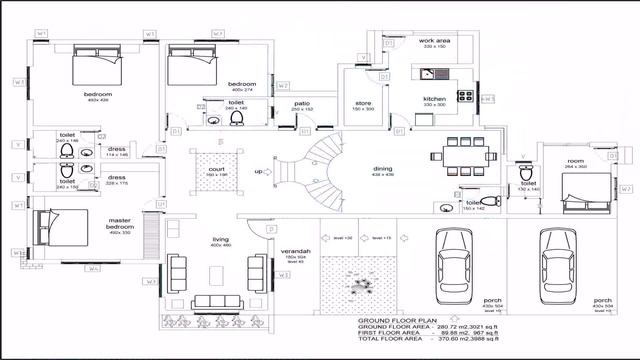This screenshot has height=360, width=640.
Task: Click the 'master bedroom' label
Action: (121, 222)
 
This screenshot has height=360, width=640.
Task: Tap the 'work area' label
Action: (433, 41)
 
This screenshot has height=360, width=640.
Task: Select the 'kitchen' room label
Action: (433, 99)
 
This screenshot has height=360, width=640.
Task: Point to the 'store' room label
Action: (364, 102)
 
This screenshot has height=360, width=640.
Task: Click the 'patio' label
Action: (301, 103)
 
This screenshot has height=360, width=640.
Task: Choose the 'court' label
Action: (217, 169)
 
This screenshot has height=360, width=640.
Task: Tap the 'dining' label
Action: (383, 169)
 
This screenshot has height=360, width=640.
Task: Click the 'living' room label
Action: (221, 240)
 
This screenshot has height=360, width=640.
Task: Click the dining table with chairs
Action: (463, 154)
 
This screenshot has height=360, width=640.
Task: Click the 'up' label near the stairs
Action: (258, 172)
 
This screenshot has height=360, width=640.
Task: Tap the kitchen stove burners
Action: (464, 96)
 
